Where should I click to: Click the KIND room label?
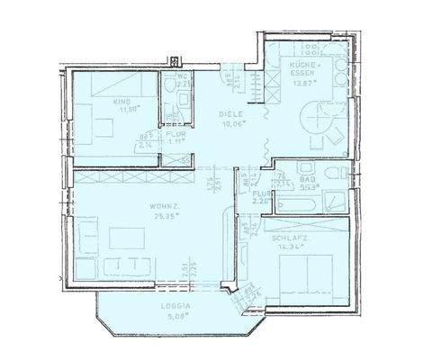[x=122, y=102]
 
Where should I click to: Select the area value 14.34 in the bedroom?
[x=286, y=246]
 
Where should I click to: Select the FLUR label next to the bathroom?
[x=259, y=193]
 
